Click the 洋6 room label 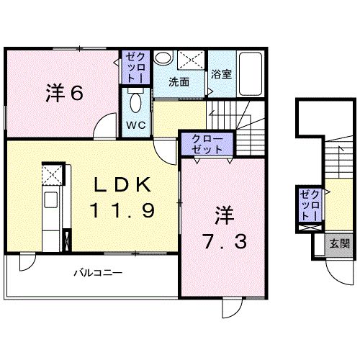(64, 93)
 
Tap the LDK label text (122, 184)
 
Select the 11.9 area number (122, 210)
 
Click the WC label (136, 125)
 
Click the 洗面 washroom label (179, 82)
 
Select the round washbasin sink (163, 58)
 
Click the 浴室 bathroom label (221, 74)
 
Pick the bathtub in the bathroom (250, 74)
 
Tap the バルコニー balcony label (98, 273)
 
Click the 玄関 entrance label (339, 244)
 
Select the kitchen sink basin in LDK (50, 200)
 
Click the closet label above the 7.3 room (207, 144)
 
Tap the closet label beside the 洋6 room (135, 68)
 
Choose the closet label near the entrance (310, 205)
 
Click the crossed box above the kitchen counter (52, 174)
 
